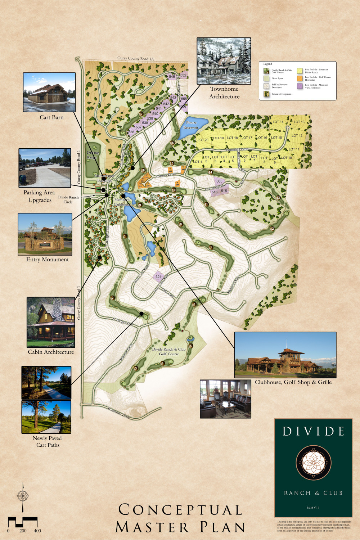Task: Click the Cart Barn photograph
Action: (49, 92)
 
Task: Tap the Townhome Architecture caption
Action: (224, 93)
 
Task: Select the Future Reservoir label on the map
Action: (191, 125)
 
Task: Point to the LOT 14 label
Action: (278, 122)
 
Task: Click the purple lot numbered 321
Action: (158, 276)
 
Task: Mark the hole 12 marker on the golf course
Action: (272, 229)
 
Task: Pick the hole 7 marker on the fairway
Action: (211, 248)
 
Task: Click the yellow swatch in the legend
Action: (300, 71)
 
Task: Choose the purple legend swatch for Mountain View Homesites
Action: (300, 86)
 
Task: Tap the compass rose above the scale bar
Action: (23, 495)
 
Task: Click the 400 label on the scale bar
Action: (37, 531)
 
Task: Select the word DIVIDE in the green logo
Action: (313, 431)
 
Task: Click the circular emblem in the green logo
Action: (313, 463)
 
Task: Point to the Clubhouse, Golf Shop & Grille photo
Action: (285, 355)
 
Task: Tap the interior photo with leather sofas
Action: (225, 399)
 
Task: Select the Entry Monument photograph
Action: (45, 234)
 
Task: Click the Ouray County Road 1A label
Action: (135, 58)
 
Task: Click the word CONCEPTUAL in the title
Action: (180, 510)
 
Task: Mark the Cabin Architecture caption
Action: (51, 352)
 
